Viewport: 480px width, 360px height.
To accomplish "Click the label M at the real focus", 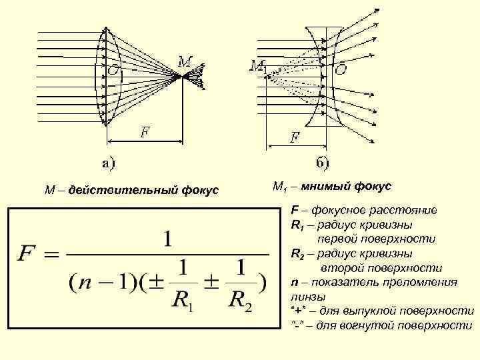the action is [x=186, y=61].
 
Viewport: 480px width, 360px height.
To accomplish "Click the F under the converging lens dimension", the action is [x=144, y=131].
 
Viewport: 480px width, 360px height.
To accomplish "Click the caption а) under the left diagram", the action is [x=107, y=161].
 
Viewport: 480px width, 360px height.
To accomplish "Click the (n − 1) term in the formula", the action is [x=94, y=283].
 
